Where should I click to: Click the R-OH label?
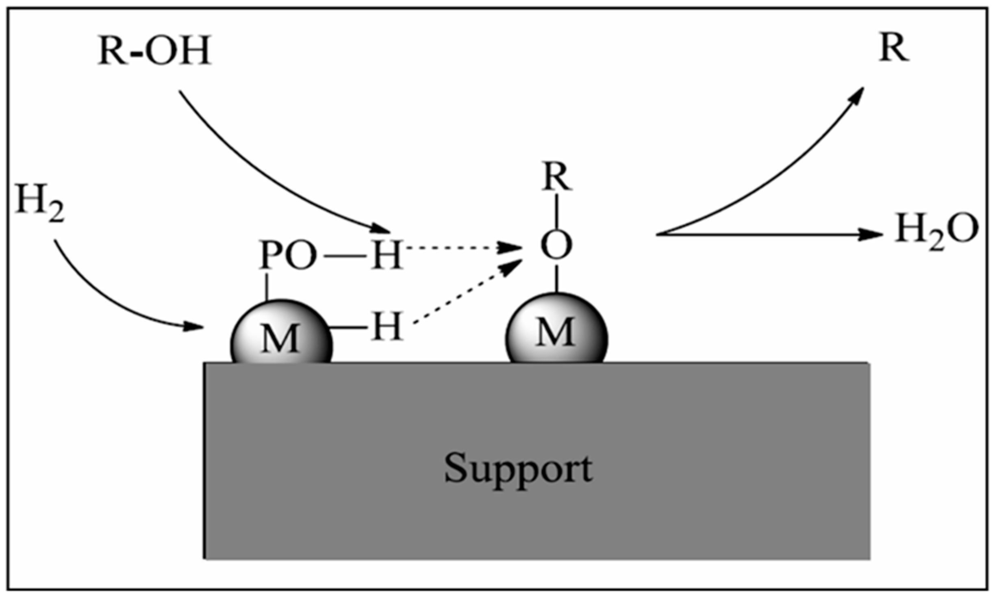154,51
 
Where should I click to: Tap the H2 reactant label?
39,202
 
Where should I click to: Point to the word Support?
518,469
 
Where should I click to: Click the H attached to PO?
387,255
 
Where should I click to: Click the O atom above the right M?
556,245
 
